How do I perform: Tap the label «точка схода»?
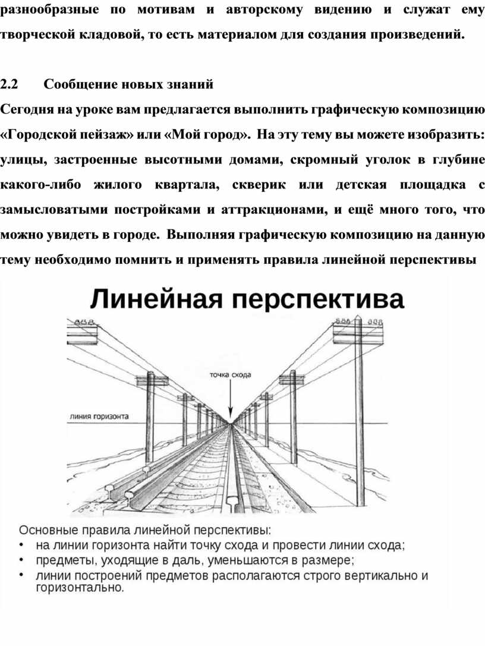point(231,375)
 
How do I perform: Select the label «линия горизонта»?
point(100,417)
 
